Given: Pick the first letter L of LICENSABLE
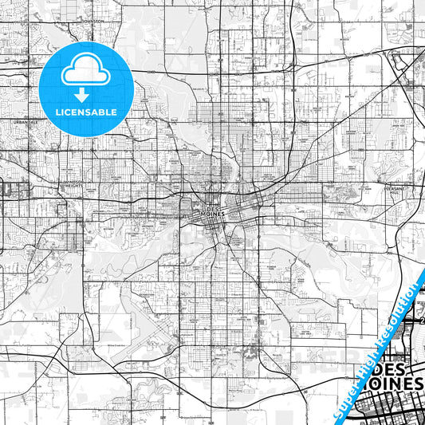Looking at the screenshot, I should point(57,112).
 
